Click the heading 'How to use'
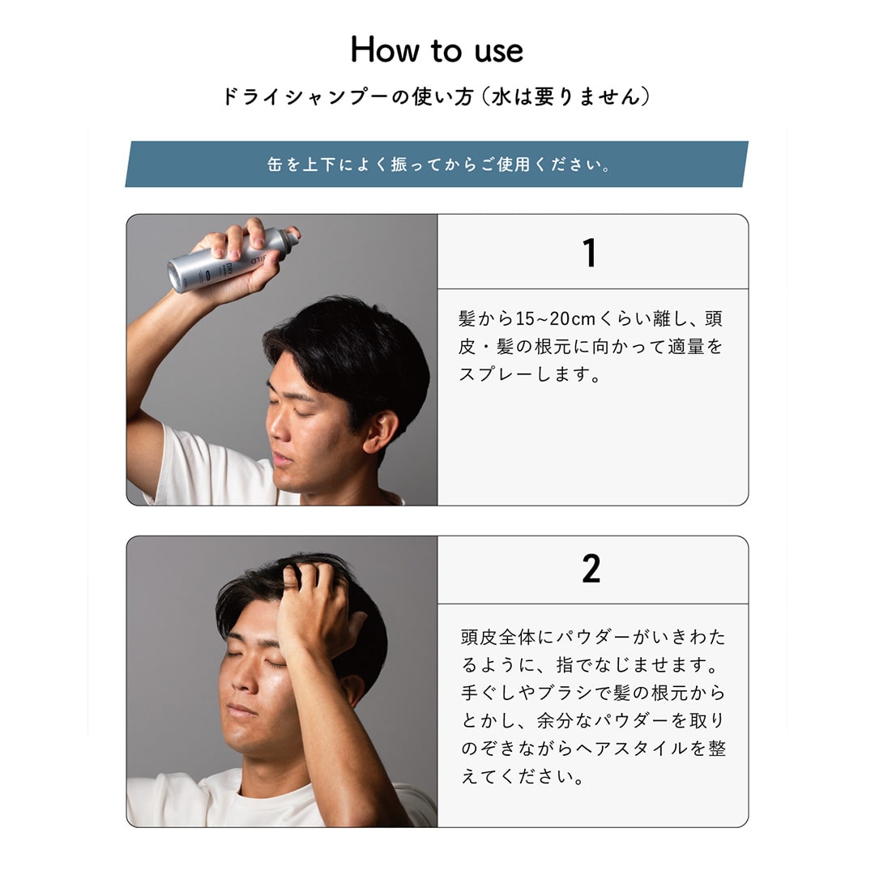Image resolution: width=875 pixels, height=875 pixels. click(x=437, y=49)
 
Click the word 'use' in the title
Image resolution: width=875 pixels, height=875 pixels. click(x=499, y=52)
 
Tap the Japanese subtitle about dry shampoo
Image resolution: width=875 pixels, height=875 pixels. click(x=437, y=96)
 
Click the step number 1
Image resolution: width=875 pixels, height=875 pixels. click(x=589, y=253)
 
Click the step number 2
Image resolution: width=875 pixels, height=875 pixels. click(x=591, y=569)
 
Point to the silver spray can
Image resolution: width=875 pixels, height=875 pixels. click(x=233, y=258)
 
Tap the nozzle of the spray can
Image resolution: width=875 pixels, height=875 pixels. click(x=291, y=236)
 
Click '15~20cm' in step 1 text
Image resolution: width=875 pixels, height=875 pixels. click(x=556, y=318)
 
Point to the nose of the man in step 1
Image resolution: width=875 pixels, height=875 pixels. click(x=276, y=429)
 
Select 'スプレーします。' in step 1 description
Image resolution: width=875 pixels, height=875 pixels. click(x=529, y=373)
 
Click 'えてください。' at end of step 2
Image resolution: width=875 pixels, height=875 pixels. click(x=523, y=776)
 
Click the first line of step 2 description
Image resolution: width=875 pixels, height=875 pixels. click(x=592, y=637)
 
